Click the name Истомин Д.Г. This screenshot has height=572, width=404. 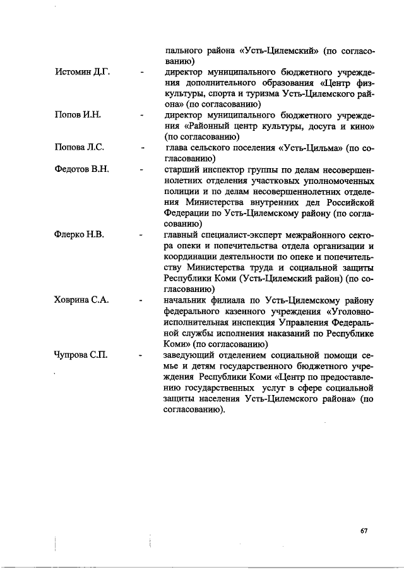click(83, 73)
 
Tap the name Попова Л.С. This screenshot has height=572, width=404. click(80, 148)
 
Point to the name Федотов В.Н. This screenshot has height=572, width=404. click(83, 169)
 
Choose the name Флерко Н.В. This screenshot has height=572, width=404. click(80, 234)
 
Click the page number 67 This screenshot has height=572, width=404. click(364, 530)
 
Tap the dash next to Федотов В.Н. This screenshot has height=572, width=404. click(143, 170)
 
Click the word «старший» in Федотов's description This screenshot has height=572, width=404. click(182, 169)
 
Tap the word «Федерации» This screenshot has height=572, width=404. click(189, 213)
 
